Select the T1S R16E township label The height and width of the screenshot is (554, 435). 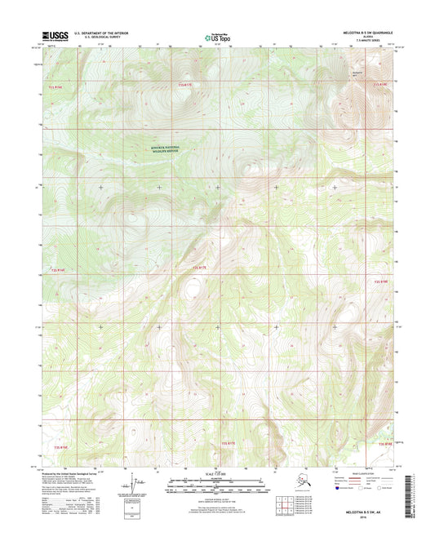54,85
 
